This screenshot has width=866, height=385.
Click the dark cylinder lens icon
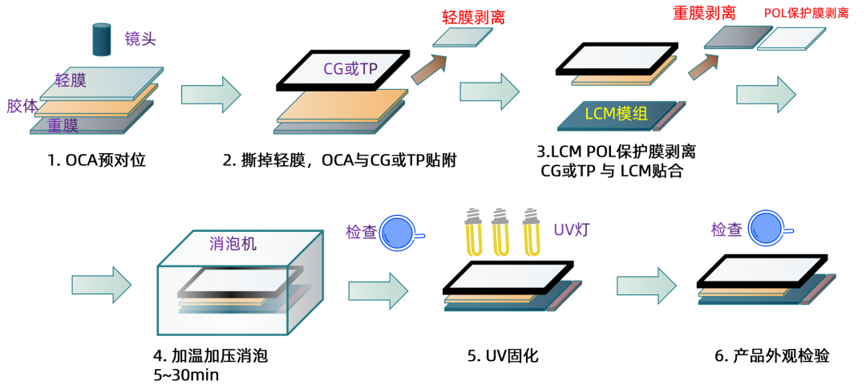102,40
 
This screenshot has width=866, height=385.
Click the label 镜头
140,38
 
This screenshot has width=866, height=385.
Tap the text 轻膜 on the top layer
71,80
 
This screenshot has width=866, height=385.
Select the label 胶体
22,106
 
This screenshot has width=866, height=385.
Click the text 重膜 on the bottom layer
63,125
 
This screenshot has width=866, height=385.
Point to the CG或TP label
350,69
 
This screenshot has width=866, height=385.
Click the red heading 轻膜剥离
473,17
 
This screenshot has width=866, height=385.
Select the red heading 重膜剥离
704,13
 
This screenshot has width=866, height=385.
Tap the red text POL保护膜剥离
806,14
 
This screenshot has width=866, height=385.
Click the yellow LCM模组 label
616,114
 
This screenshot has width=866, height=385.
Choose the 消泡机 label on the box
233,244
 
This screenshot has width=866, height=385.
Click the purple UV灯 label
571,230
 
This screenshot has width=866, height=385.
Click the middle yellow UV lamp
500,233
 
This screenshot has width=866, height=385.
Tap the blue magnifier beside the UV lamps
397,233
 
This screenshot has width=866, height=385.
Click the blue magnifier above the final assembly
766,228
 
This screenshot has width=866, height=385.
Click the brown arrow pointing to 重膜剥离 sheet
703,67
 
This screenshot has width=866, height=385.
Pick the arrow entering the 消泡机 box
101,285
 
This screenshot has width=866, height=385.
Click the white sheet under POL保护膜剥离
791,38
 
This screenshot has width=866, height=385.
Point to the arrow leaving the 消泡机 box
378,290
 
